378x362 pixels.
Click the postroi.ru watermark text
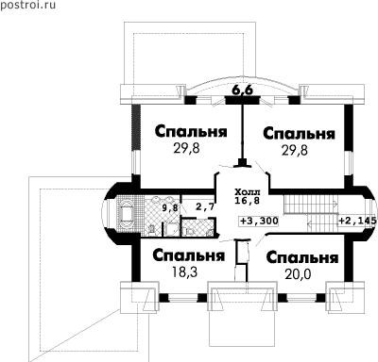click(x=27, y=5)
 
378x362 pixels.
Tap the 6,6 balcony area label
click(x=243, y=90)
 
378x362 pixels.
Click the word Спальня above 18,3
click(x=189, y=256)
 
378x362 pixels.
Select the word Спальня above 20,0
click(x=302, y=258)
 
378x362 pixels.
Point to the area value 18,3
click(x=184, y=271)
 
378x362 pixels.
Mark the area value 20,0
click(x=298, y=274)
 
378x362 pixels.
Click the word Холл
click(x=248, y=191)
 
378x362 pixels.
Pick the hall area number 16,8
click(x=248, y=201)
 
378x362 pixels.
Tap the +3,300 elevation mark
click(x=259, y=221)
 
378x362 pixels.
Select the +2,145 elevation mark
click(x=357, y=221)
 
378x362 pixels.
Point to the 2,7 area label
click(x=205, y=206)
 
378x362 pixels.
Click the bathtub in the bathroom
click(x=126, y=215)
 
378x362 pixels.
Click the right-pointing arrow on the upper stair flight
click(x=333, y=205)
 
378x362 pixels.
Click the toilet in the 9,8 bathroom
click(x=152, y=230)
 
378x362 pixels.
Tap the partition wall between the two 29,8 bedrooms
click(x=243, y=135)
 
